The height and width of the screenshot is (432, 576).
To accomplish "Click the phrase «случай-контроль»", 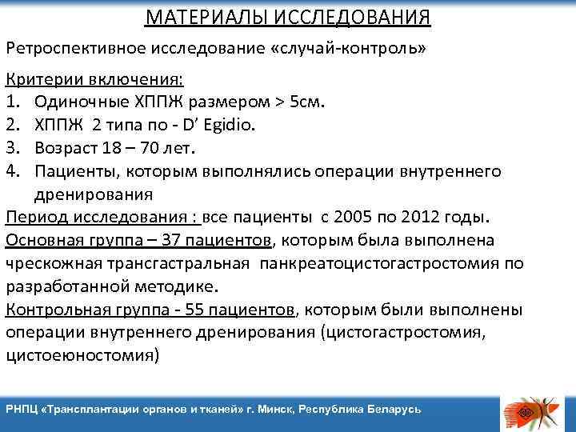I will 350,49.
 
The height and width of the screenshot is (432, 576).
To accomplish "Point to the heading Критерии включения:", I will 94,80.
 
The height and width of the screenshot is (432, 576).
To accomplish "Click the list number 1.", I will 11,103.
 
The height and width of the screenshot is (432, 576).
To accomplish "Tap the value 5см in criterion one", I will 306,103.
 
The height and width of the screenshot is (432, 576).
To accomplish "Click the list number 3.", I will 11,149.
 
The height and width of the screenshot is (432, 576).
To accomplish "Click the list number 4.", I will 11,171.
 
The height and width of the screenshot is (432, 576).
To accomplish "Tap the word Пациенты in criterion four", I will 74,171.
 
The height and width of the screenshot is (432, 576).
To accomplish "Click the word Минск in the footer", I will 274,409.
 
